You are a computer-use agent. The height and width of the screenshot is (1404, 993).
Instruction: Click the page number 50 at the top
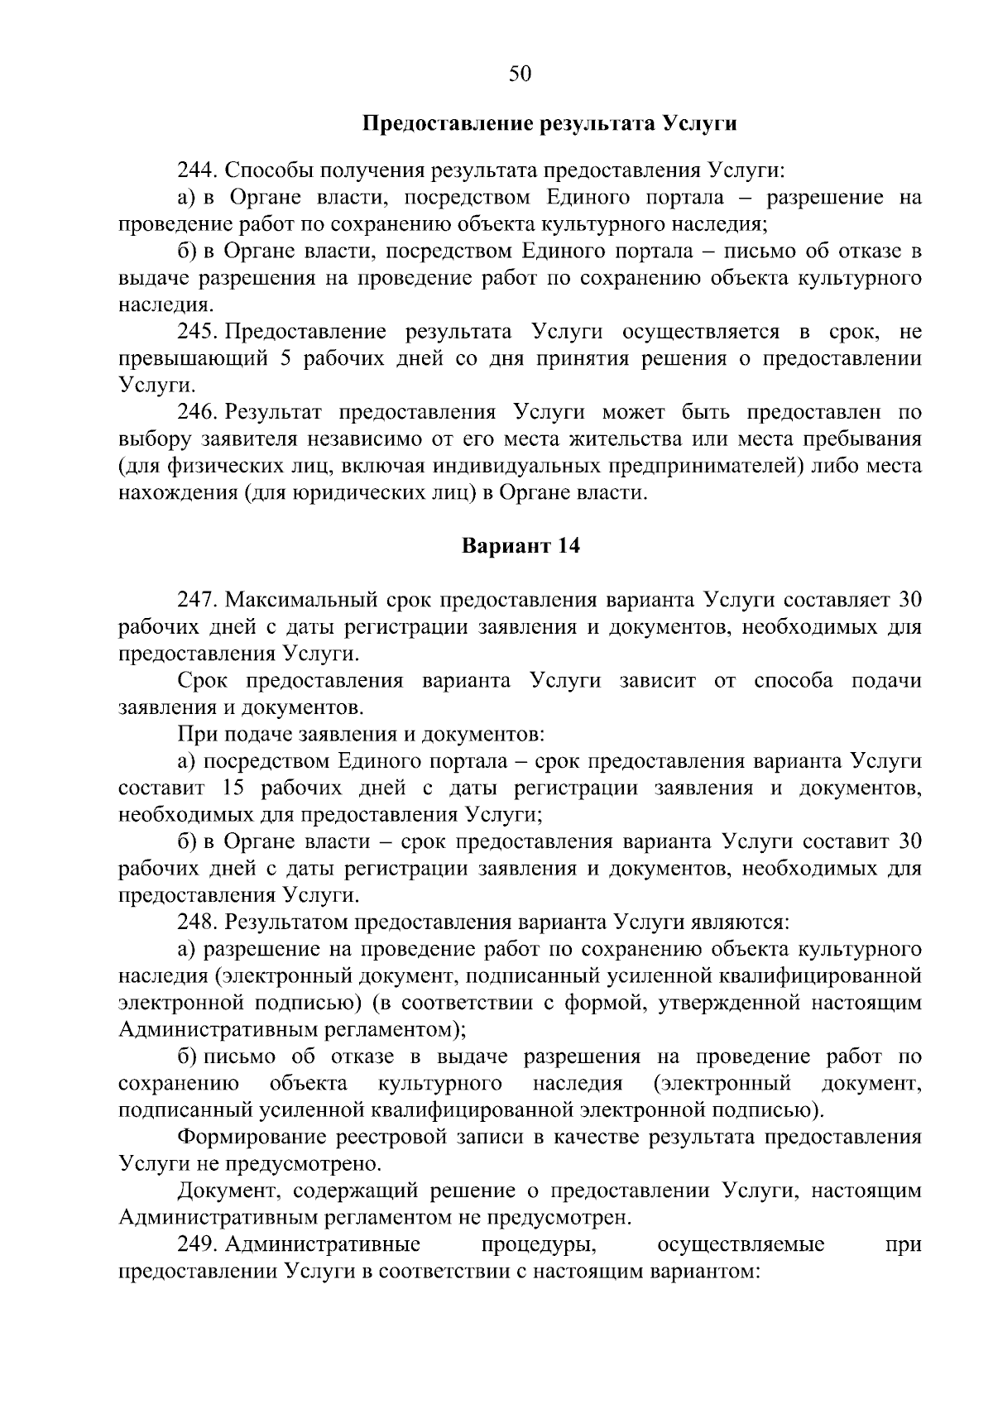(x=520, y=74)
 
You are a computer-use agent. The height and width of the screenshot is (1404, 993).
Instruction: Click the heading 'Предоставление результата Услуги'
(x=550, y=124)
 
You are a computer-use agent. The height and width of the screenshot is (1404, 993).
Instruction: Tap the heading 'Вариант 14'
(x=520, y=547)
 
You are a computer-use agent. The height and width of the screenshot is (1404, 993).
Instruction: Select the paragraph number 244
(x=197, y=171)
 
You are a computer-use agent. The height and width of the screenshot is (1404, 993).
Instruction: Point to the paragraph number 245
(x=197, y=333)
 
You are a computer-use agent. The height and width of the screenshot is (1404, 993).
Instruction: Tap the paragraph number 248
(x=197, y=922)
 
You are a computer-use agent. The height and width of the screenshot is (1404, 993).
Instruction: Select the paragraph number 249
(x=197, y=1244)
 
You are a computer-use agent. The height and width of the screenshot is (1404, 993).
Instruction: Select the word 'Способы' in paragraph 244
(x=266, y=171)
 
